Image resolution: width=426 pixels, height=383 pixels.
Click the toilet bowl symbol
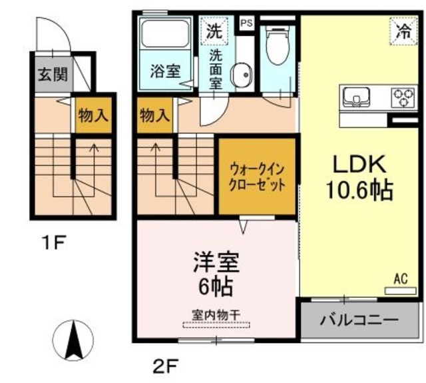pyautogui.click(x=278, y=46)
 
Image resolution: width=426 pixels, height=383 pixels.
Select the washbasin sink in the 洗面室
pyautogui.click(x=241, y=75)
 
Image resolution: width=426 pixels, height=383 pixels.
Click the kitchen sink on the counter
pyautogui.click(x=356, y=97)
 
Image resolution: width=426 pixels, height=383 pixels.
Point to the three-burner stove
pyautogui.click(x=403, y=98)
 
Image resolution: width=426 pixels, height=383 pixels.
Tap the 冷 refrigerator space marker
pyautogui.click(x=403, y=31)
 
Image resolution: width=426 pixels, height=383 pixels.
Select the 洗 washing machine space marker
pyautogui.click(x=214, y=31)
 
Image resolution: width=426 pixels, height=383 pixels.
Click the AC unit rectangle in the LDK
pyautogui.click(x=401, y=290)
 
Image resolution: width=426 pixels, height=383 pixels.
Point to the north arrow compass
pyautogui.click(x=73, y=340)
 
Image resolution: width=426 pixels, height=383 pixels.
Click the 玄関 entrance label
pyautogui.click(x=53, y=74)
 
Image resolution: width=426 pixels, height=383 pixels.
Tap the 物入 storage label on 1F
pyautogui.click(x=93, y=115)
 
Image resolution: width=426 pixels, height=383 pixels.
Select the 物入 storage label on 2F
pyautogui.click(x=155, y=115)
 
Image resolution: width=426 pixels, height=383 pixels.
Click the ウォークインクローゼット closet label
pyautogui.click(x=257, y=177)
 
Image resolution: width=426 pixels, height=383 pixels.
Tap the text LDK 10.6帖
pyautogui.click(x=359, y=177)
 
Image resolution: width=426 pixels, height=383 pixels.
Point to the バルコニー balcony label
pyautogui.click(x=359, y=320)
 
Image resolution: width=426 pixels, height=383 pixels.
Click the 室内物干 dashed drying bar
pyautogui.click(x=216, y=325)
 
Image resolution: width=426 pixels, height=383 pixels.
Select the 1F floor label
pyautogui.click(x=54, y=242)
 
